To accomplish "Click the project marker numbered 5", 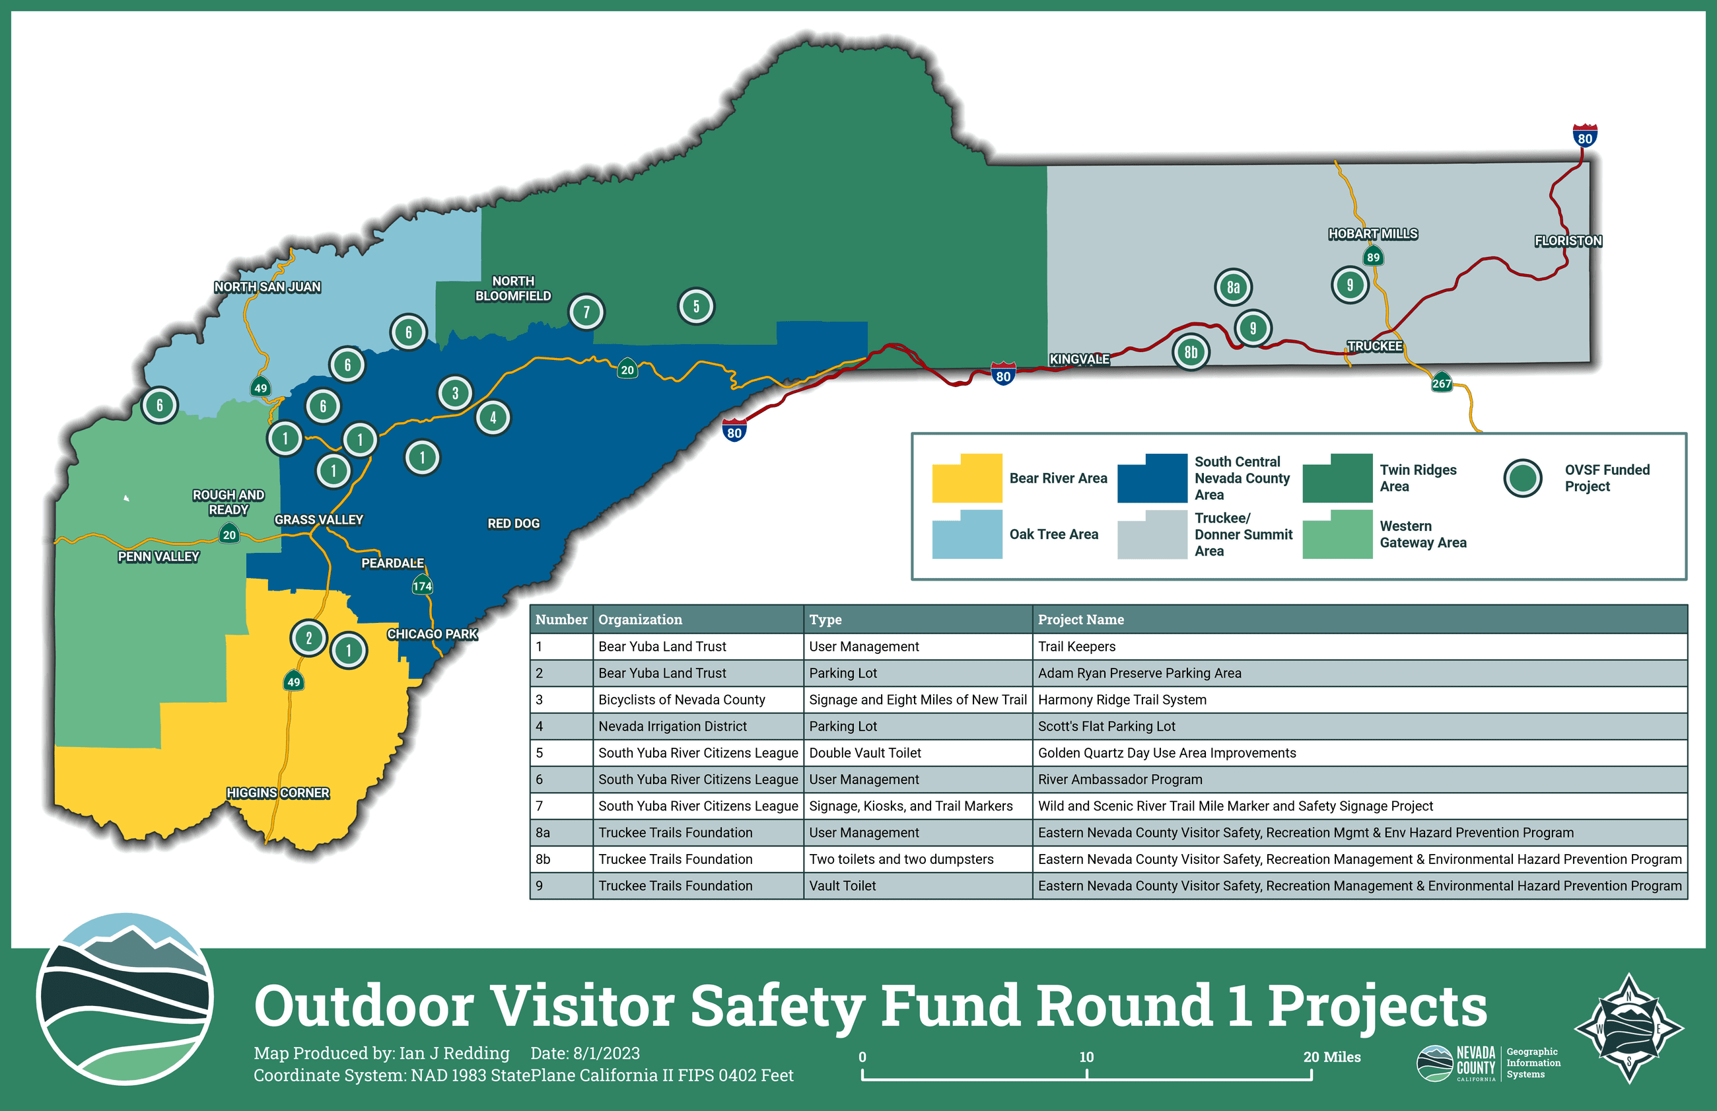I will point(696,306).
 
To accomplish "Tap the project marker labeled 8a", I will point(1233,287).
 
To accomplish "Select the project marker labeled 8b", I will point(1191,352).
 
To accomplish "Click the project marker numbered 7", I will point(586,312).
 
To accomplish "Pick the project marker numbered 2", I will point(308,638).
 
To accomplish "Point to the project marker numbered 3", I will point(455,393).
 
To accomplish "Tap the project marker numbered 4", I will point(493,417).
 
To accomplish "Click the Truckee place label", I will point(1374,346).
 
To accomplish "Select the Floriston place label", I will point(1568,241).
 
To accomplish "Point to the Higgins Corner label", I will point(277,793).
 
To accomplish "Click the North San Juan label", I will point(267,287).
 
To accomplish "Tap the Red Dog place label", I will point(513,524).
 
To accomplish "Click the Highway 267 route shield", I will point(1442,383).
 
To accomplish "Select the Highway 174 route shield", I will point(422,586).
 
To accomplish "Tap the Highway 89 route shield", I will point(1373,257).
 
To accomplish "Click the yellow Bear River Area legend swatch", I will point(967,478).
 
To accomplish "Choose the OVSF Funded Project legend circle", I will point(1522,478).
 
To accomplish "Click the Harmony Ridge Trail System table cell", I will point(1122,699).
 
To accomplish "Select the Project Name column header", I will point(1080,620).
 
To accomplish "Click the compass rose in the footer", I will point(1629,1028).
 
